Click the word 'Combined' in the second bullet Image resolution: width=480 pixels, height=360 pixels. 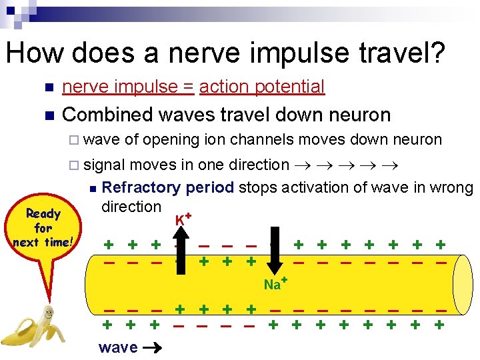click(x=107, y=115)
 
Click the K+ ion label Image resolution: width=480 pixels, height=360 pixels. click(x=184, y=219)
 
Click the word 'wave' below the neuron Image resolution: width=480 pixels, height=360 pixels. click(x=117, y=347)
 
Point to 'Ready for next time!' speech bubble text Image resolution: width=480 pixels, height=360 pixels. click(x=43, y=228)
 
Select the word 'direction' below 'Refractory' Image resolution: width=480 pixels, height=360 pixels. click(x=131, y=206)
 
